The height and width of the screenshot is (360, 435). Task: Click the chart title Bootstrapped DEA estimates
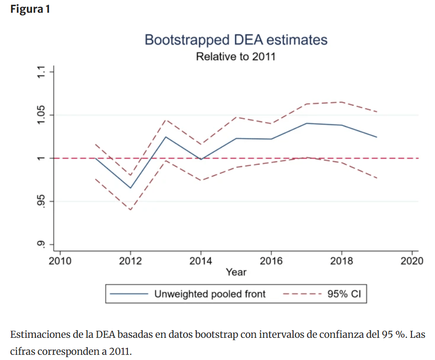pyautogui.click(x=235, y=40)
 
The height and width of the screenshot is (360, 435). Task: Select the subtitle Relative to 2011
pyautogui.click(x=235, y=57)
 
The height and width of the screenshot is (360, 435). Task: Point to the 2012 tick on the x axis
pyautogui.click(x=130, y=261)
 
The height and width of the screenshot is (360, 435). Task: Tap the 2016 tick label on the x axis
pyautogui.click(x=271, y=261)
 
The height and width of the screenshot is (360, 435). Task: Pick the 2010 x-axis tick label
pyautogui.click(x=60, y=261)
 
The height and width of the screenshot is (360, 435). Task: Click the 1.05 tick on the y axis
pyautogui.click(x=42, y=115)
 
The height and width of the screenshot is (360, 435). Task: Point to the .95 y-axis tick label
pyautogui.click(x=42, y=202)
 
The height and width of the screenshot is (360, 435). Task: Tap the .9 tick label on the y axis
pyautogui.click(x=42, y=244)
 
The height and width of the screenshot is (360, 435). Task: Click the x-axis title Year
pyautogui.click(x=236, y=272)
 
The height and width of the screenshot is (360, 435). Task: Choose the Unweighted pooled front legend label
pyautogui.click(x=210, y=294)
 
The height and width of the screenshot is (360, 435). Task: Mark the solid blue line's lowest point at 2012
pyautogui.click(x=130, y=188)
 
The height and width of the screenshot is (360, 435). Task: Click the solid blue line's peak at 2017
pyautogui.click(x=307, y=123)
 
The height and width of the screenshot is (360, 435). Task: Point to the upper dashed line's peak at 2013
pyautogui.click(x=166, y=120)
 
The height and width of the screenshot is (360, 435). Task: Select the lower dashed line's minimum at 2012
pyautogui.click(x=130, y=209)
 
